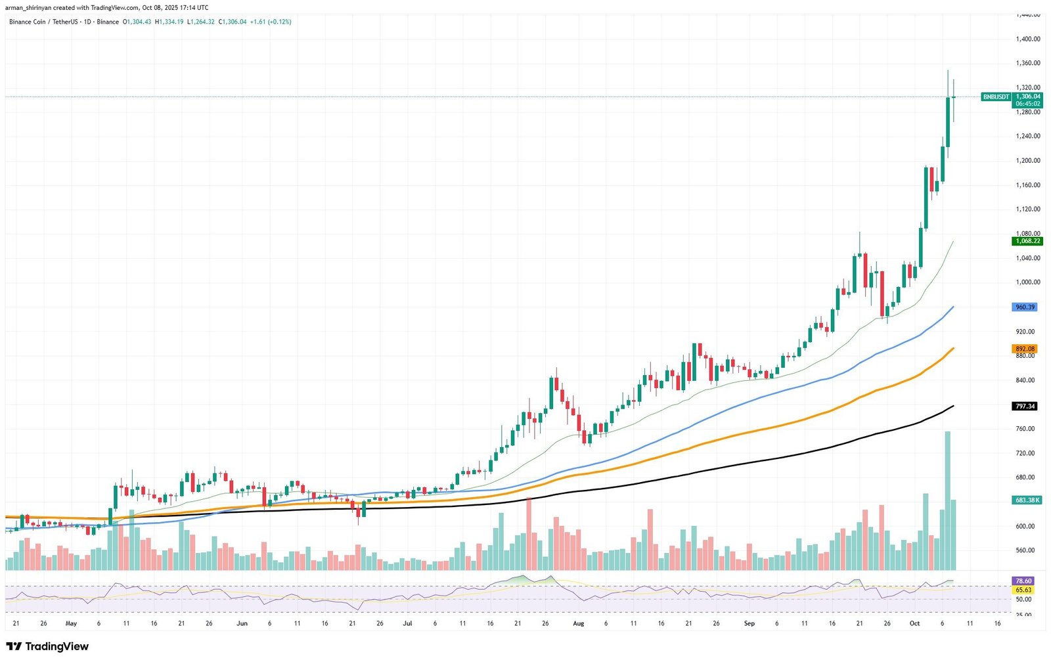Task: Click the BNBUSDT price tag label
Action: [996, 97]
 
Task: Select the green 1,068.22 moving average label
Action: [1027, 241]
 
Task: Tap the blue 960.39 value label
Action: [1025, 307]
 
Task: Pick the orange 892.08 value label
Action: [1025, 349]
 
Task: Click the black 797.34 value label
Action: [1025, 406]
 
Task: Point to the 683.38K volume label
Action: [1027, 500]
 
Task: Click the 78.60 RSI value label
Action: [1023, 581]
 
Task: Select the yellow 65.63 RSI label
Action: [1023, 590]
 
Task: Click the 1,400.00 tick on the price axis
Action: [1027, 39]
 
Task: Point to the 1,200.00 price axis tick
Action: [1027, 160]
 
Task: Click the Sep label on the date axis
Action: [749, 623]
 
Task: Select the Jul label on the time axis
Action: [407, 623]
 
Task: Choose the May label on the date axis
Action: [71, 623]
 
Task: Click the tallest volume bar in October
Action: [947, 499]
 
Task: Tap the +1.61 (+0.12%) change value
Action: [271, 22]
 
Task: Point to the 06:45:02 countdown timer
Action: [1027, 104]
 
